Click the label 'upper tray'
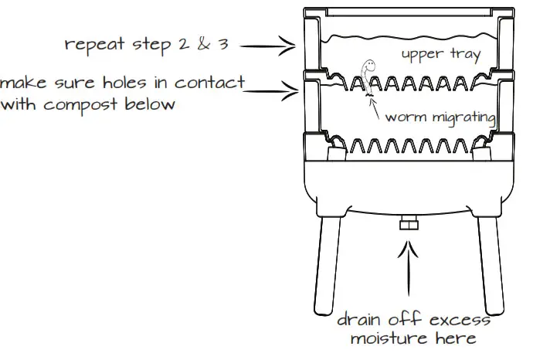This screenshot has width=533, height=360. (x=442, y=54)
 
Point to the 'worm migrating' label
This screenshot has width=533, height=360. (x=440, y=117)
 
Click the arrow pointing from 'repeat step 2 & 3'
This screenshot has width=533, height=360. (x=267, y=46)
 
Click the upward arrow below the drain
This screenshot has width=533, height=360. (x=409, y=275)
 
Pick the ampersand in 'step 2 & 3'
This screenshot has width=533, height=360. (x=204, y=44)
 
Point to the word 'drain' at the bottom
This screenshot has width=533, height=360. (x=362, y=319)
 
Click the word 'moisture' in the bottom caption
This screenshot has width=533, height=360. (x=391, y=338)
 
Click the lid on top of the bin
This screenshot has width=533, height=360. (x=406, y=12)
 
